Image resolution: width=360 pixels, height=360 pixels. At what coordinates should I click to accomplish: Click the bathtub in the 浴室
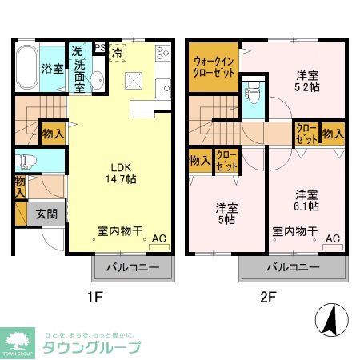coord(28,69)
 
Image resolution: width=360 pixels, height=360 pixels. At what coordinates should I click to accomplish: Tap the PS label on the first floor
coord(100,47)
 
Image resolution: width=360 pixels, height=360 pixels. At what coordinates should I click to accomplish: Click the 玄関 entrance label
coord(46,214)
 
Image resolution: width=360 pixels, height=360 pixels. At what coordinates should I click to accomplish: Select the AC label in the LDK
coord(158,238)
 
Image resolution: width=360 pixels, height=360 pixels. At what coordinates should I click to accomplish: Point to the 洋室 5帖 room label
coord(226,214)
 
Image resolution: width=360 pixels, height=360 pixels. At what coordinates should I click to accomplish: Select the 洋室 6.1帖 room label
coord(306,200)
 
